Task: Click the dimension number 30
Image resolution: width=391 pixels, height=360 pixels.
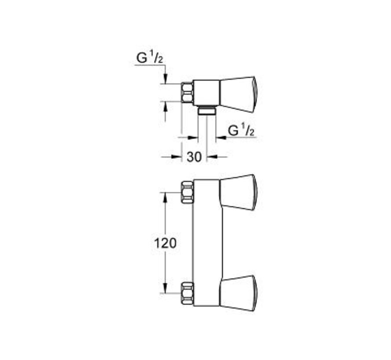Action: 194,156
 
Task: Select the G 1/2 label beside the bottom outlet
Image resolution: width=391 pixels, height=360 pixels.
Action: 241,130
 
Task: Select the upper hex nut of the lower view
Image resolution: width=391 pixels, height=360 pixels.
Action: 188,192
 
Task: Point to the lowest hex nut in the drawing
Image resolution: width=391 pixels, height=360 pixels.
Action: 188,293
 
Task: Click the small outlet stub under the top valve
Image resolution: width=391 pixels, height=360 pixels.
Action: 206,110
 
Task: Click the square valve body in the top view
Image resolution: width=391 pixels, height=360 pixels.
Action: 206,92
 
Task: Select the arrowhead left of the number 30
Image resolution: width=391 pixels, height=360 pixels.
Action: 178,156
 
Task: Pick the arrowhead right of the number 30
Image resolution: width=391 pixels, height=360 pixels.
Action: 211,156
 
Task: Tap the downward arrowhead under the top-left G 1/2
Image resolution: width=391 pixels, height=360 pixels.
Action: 165,79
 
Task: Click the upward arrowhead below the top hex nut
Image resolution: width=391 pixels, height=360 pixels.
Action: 165,105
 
